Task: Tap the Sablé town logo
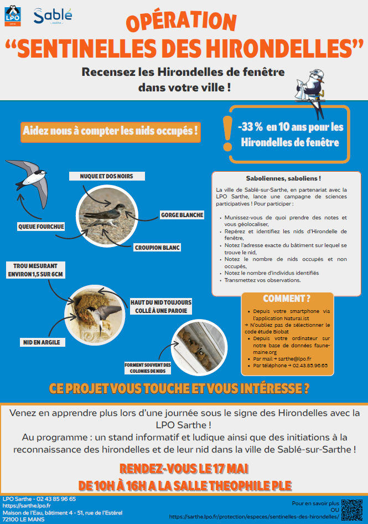pyautogui.click(x=53, y=17)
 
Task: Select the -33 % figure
pyautogui.click(x=250, y=127)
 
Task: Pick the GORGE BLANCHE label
pyautogui.click(x=182, y=215)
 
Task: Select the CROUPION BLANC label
pyautogui.click(x=158, y=247)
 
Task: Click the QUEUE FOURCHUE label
pyautogui.click(x=42, y=227)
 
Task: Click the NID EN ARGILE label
pyautogui.click(x=41, y=342)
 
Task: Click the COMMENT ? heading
pyautogui.click(x=287, y=299)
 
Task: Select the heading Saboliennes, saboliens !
pyautogui.click(x=283, y=179)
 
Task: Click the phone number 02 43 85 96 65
pyautogui.click(x=56, y=499)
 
